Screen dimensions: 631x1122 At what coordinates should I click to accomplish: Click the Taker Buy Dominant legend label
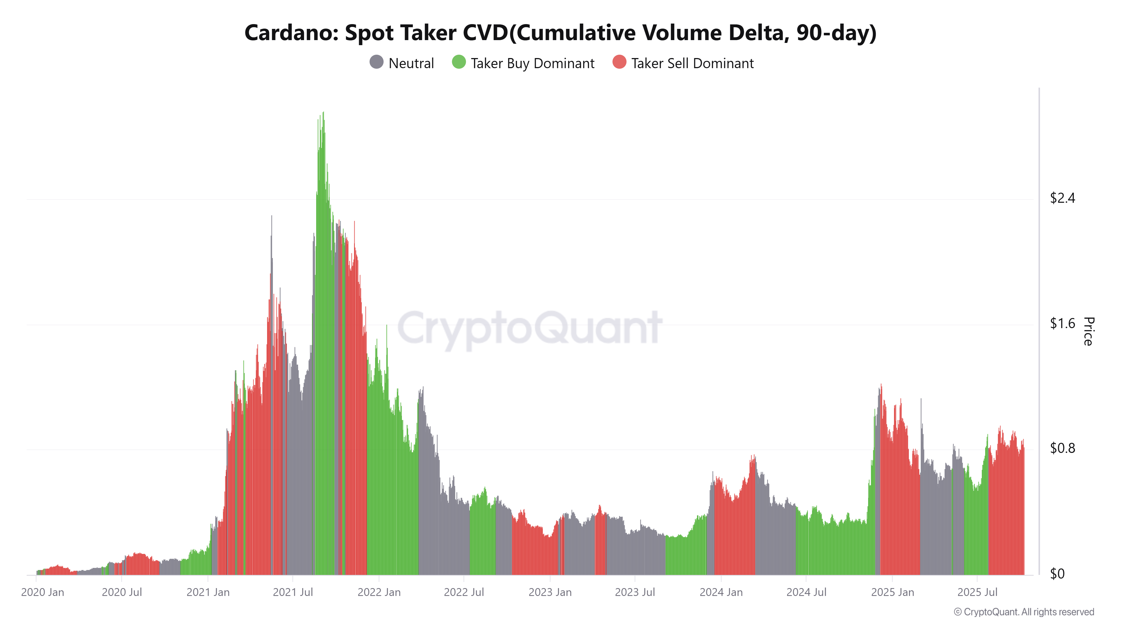click(532, 64)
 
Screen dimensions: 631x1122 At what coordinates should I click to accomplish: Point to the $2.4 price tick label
click(1062, 198)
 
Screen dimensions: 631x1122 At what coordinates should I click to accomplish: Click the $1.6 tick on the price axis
click(1062, 324)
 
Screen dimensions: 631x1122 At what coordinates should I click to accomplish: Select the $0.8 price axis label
click(1062, 448)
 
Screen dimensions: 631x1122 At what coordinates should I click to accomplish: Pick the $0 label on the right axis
click(1057, 574)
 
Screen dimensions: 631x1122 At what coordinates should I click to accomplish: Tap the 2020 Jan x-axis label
click(43, 592)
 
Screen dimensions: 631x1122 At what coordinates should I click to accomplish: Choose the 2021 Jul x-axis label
click(293, 592)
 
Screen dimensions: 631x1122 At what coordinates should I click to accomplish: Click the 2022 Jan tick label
click(379, 592)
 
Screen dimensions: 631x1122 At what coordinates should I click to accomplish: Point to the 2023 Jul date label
click(634, 592)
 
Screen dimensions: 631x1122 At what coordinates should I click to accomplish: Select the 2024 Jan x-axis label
click(721, 592)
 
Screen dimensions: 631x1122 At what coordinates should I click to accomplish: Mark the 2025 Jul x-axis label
click(977, 592)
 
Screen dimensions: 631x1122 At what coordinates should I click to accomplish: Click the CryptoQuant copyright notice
click(1024, 612)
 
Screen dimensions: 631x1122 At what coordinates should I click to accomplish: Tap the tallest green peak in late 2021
click(323, 114)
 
